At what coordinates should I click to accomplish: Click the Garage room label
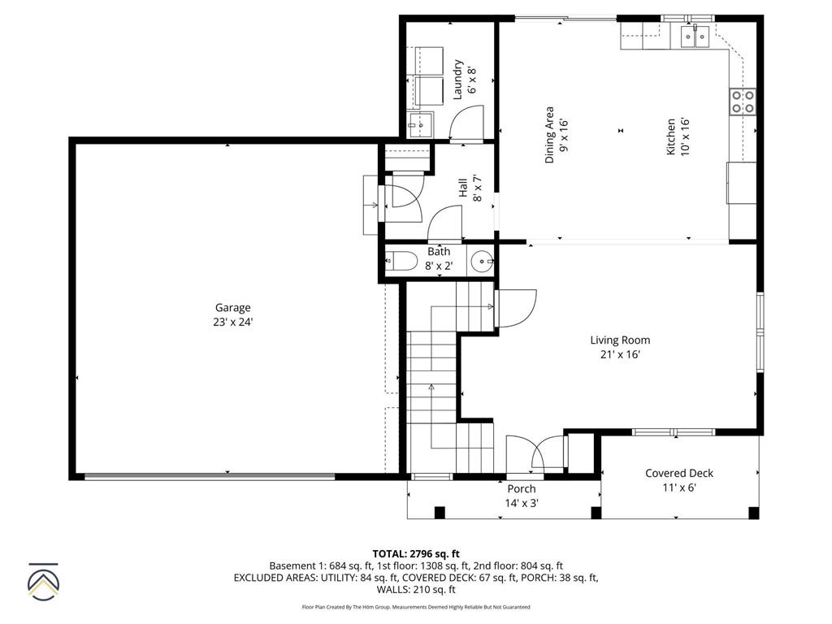pos(232,314)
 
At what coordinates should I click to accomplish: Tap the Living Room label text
pos(620,347)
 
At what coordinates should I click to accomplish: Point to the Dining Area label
pos(556,136)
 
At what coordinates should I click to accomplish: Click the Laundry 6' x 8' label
pos(463,79)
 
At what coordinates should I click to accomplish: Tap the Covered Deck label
pos(679,480)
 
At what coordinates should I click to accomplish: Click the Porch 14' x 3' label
pos(521,496)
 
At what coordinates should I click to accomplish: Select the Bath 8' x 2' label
pos(439,258)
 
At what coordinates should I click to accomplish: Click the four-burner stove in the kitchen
pos(743,102)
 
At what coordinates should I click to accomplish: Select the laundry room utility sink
pos(421,125)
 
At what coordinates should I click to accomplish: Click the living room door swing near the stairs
pos(515,308)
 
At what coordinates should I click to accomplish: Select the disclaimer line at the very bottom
pos(416,607)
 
